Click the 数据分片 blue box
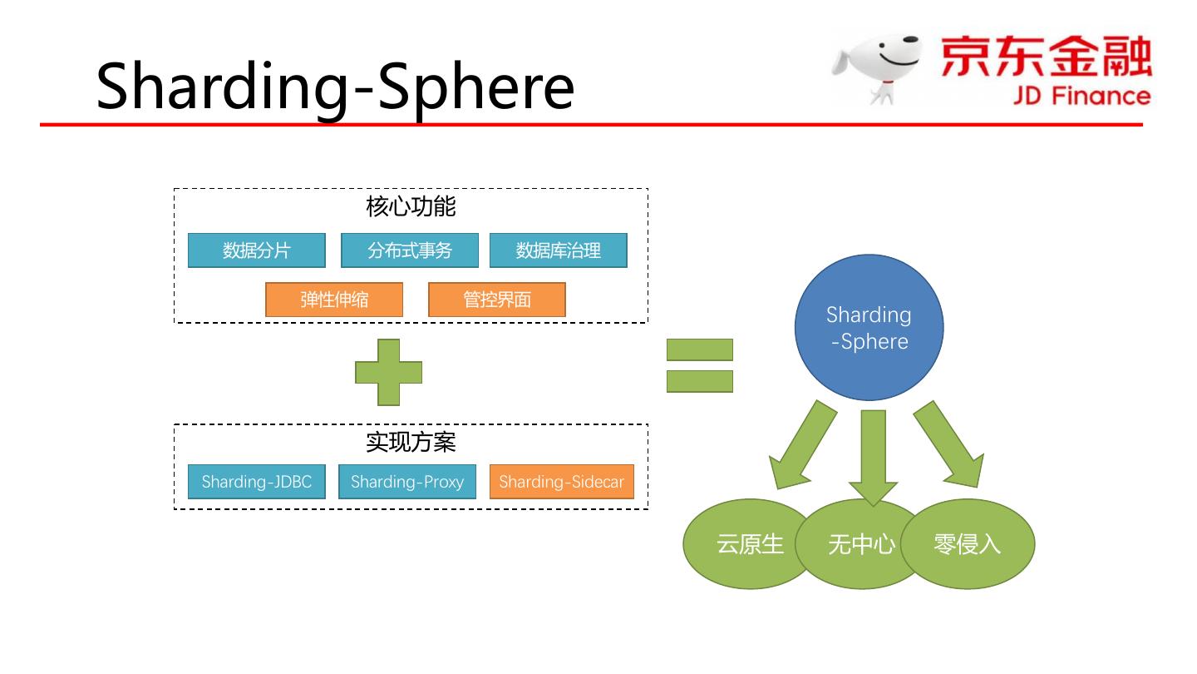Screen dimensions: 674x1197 point(256,250)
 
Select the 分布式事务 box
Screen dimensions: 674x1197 point(410,250)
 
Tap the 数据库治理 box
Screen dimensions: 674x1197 point(558,250)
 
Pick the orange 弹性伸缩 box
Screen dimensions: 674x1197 point(334,300)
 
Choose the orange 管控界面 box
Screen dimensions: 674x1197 point(496,300)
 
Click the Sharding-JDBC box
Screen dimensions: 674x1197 point(256,482)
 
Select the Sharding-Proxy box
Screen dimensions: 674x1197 point(407,482)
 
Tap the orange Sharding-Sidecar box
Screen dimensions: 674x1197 point(561,482)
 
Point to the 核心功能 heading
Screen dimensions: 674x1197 point(411,206)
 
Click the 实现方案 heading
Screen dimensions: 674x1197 point(411,442)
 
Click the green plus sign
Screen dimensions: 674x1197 point(388,372)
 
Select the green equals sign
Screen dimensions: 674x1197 point(699,365)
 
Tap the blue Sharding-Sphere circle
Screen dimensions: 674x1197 point(869,327)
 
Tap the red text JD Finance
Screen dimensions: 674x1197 point(1081,96)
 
